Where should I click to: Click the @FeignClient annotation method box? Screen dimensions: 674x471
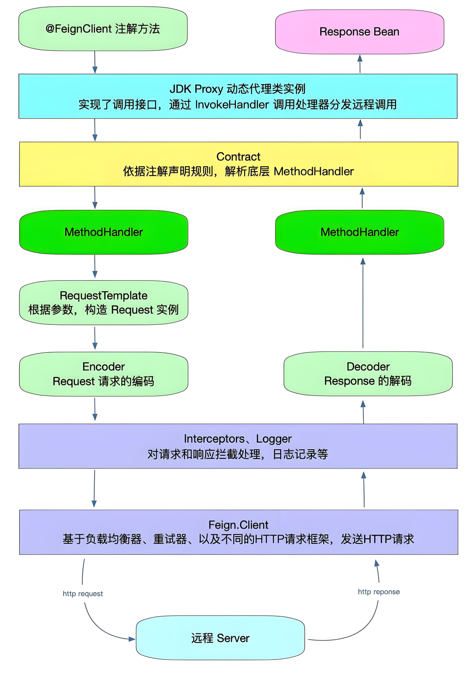click(x=103, y=29)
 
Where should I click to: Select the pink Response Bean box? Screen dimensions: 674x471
click(x=359, y=32)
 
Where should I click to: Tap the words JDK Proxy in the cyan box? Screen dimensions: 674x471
click(x=196, y=89)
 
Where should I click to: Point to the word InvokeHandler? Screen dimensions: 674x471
click(x=232, y=105)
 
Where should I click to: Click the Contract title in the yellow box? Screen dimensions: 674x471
click(x=238, y=157)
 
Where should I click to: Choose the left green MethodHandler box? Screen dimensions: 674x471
click(x=104, y=232)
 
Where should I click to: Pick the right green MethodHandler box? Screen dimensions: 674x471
click(x=359, y=232)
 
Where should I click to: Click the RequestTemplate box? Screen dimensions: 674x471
click(x=104, y=303)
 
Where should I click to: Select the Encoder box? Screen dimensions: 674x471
click(x=104, y=374)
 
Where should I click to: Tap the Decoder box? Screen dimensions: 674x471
click(x=368, y=374)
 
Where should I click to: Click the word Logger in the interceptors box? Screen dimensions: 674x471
click(x=274, y=439)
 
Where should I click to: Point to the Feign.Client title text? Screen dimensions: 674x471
click(x=238, y=525)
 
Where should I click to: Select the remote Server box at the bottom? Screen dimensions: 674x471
click(x=220, y=638)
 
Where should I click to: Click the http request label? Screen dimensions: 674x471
click(x=83, y=594)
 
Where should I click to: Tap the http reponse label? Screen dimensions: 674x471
click(x=379, y=592)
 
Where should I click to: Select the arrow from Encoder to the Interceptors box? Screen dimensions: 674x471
click(x=95, y=409)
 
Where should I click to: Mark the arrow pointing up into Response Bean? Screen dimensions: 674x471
click(x=360, y=64)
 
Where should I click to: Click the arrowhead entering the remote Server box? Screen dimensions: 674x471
click(x=132, y=639)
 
